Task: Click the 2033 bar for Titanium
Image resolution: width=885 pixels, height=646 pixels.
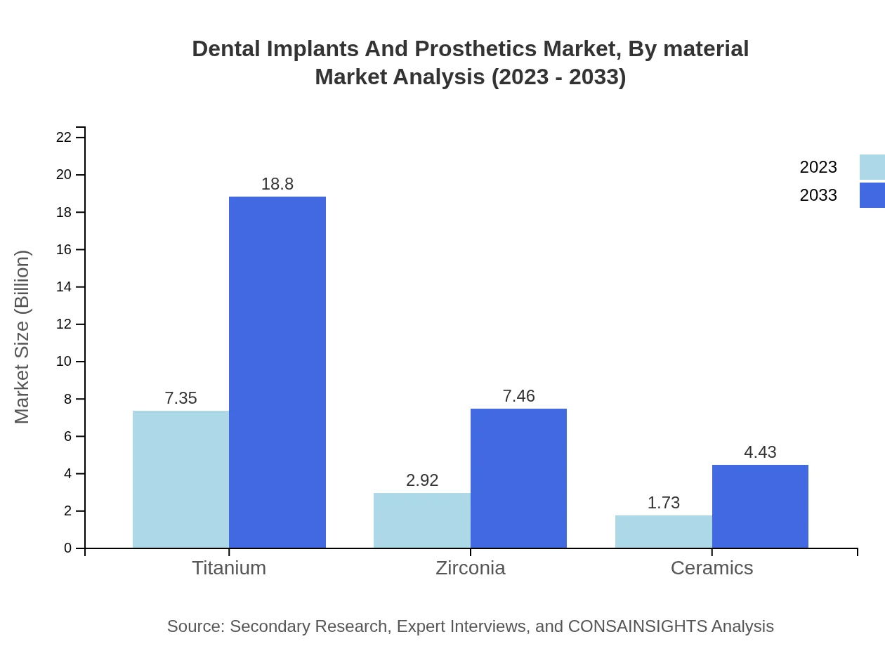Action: point(277,372)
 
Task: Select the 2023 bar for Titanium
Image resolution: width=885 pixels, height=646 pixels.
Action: point(181,479)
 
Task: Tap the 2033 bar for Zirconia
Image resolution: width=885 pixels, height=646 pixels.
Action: point(518,478)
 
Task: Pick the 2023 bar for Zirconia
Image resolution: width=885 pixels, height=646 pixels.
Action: point(421,520)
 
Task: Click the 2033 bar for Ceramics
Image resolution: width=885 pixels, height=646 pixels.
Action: point(760,506)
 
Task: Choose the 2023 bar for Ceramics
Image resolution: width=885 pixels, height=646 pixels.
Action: point(663,532)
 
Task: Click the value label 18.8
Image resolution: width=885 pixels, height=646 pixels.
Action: point(277,184)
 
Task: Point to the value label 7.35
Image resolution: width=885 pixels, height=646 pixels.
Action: point(181,398)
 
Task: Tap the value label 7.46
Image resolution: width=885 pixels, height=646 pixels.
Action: point(518,396)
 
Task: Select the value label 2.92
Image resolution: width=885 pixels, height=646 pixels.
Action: point(421,480)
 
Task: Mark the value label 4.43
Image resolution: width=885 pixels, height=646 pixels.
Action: point(760,452)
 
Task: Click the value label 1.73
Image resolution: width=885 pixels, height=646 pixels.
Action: point(663,503)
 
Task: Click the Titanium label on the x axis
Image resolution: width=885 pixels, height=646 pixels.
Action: point(229,567)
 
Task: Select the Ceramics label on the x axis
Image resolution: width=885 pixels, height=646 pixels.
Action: point(712,567)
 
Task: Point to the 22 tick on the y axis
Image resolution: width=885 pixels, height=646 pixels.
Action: point(64,137)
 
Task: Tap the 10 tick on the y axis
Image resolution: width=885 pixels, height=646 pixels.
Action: point(64,362)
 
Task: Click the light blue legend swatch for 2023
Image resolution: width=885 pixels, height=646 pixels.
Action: point(872,167)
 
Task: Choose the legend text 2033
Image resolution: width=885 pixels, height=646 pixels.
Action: point(818,195)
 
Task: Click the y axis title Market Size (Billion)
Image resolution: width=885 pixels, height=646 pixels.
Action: point(22,337)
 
